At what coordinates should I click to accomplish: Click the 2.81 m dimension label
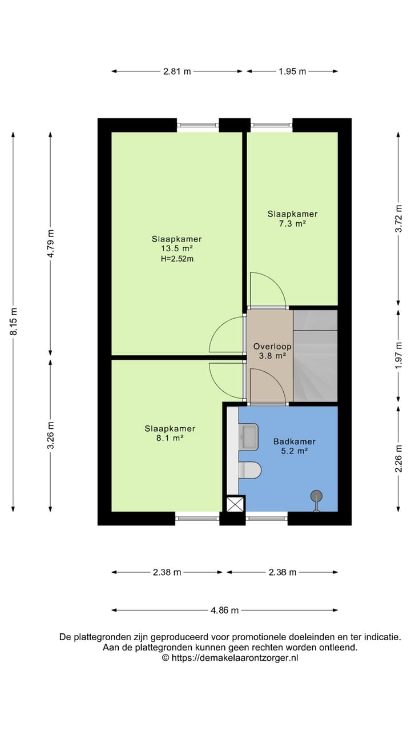[x=177, y=71]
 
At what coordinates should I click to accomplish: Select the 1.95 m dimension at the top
[x=292, y=71]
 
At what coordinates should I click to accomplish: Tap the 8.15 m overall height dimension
[x=14, y=322]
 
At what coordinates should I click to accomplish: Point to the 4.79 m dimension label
[x=51, y=244]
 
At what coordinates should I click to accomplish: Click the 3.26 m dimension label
[x=51, y=436]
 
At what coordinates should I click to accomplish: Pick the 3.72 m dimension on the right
[x=399, y=218]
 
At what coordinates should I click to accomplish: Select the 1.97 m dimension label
[x=399, y=357]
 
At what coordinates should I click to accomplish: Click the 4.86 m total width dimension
[x=224, y=610]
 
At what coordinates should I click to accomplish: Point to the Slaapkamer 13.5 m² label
[x=176, y=248]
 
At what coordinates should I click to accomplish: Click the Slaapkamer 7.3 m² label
[x=292, y=219]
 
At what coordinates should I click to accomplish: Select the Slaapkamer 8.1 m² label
[x=170, y=433]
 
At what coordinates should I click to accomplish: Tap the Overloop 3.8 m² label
[x=272, y=351]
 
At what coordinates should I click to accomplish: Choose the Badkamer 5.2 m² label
[x=294, y=445]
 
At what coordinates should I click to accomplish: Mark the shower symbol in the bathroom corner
[x=316, y=499]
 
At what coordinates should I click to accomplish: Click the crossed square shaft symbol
[x=235, y=504]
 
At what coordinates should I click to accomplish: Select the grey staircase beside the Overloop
[x=315, y=355]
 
